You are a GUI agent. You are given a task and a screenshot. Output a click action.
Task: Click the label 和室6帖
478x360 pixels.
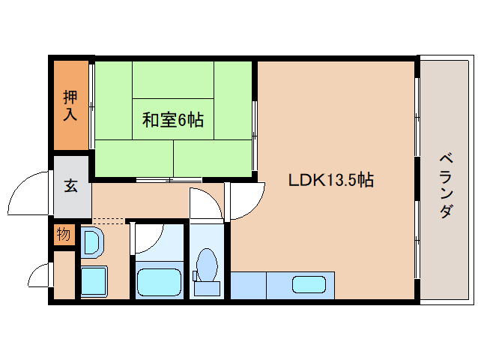click(173, 119)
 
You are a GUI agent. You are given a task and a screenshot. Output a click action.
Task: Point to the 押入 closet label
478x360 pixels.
click(70, 105)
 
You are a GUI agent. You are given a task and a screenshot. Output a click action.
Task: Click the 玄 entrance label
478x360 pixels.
click(70, 185)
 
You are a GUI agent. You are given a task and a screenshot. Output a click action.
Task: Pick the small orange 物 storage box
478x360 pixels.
click(64, 235)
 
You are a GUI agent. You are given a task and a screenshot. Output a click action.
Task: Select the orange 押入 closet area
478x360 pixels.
click(70, 105)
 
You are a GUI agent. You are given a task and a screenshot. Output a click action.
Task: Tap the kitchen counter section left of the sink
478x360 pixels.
click(248, 285)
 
